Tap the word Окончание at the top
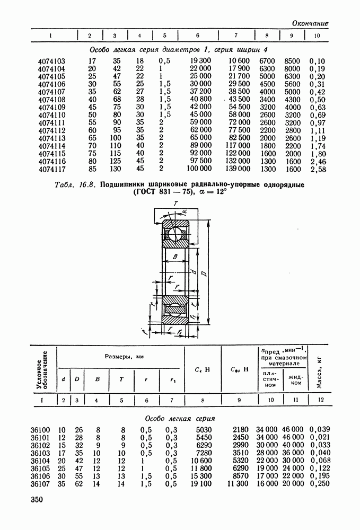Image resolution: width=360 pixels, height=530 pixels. click(x=310, y=23)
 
